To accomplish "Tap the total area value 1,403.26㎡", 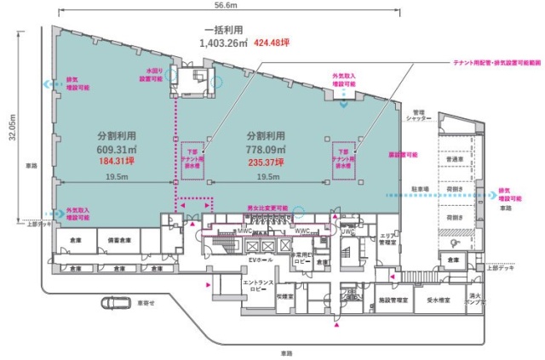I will point(224,45).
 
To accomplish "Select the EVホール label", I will point(260,257).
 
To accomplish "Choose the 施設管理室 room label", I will point(390,300).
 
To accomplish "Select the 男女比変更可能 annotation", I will point(267,208).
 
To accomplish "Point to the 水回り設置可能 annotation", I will point(156,75).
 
